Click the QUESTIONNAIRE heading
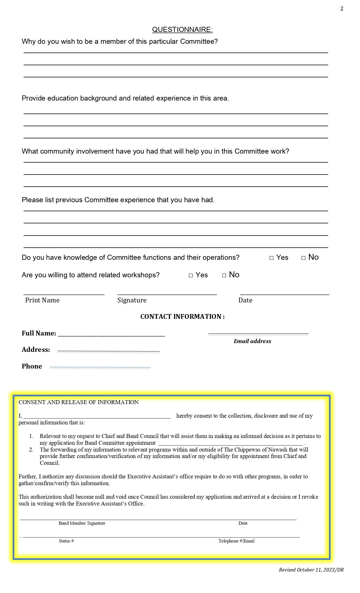click(x=182, y=30)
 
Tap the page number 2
click(x=342, y=9)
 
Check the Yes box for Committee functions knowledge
click(x=272, y=258)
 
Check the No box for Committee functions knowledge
click(x=304, y=258)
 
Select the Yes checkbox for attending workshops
click(x=191, y=275)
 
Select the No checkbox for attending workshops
click(x=224, y=275)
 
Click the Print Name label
click(x=42, y=300)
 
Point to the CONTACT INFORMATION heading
click(x=182, y=317)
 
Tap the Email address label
click(x=252, y=341)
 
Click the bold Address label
click(x=36, y=350)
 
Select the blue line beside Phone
click(x=100, y=367)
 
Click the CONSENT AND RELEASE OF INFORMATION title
click(x=78, y=402)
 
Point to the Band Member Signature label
click(x=82, y=523)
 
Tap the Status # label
click(x=66, y=541)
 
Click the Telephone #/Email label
click(x=236, y=541)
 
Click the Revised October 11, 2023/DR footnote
click(x=311, y=570)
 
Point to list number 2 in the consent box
click(x=31, y=450)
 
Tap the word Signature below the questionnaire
click(x=132, y=300)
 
